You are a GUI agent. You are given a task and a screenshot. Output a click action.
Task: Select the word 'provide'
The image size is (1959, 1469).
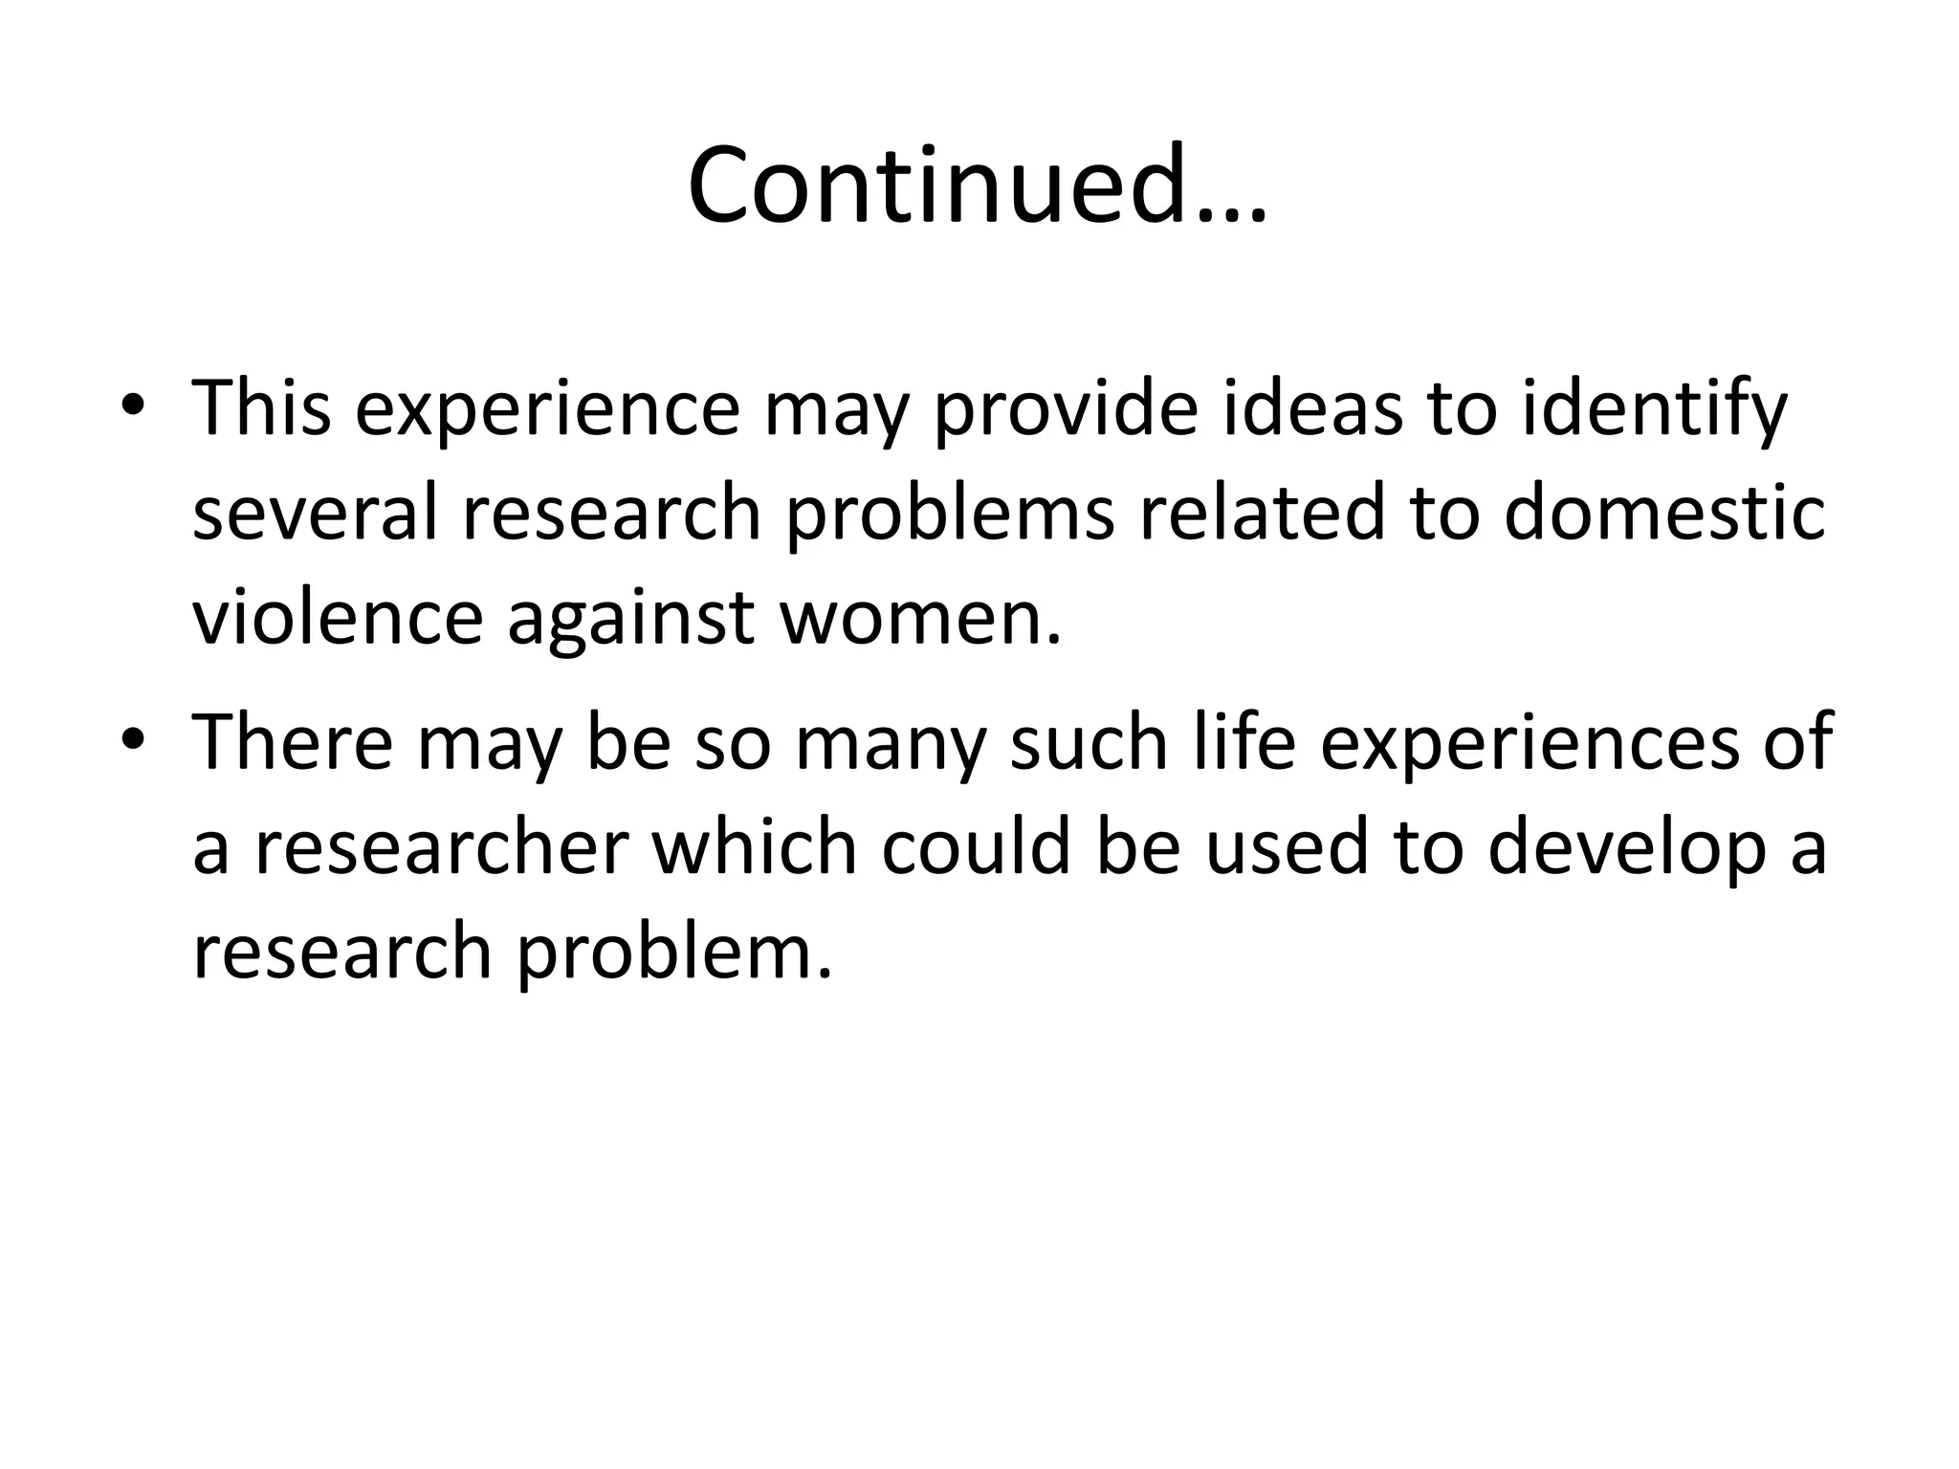1064,409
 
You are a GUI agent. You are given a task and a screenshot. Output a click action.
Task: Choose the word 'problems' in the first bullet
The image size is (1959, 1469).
950,515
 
